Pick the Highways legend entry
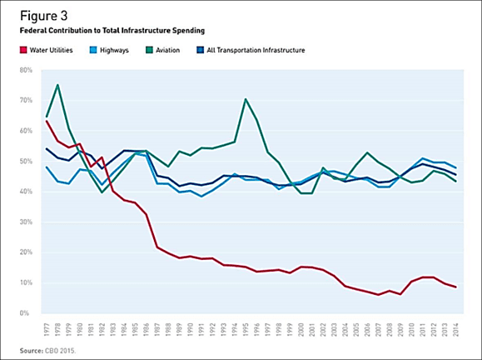coord(113,50)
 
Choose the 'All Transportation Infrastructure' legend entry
coord(251,50)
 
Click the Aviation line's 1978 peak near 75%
coord(57,85)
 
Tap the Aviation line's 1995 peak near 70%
coord(246,99)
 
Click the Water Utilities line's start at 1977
coord(46,121)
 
